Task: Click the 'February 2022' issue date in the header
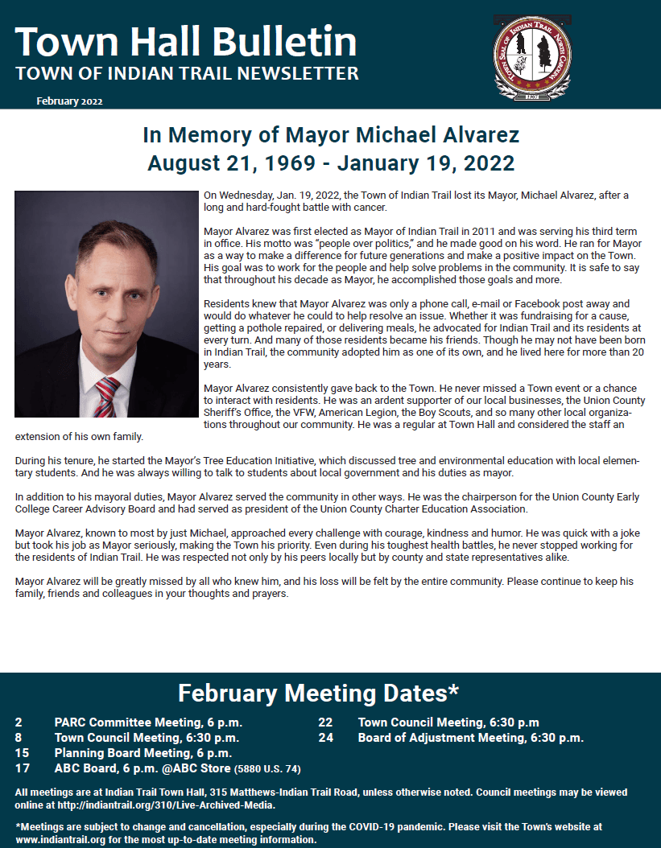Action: point(69,101)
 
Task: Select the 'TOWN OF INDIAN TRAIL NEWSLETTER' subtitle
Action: point(187,74)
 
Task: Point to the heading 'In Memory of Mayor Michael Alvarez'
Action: point(331,134)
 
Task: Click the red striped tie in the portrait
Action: point(106,394)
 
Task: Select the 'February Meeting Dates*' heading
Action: point(318,693)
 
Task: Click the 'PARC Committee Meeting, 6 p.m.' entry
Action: point(148,722)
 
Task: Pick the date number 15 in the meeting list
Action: point(23,753)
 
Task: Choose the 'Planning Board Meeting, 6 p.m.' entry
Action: point(143,753)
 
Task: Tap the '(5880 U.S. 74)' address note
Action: point(268,769)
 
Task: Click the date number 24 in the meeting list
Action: point(325,738)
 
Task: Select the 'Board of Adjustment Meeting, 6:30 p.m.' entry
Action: point(470,738)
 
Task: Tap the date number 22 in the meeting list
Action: point(325,722)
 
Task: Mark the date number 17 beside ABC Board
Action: point(23,768)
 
